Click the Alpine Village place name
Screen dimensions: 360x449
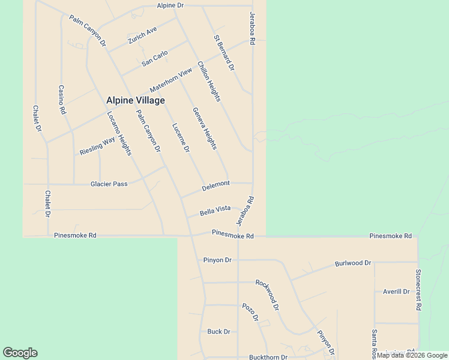[x=135, y=100]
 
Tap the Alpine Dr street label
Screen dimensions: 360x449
[x=170, y=5]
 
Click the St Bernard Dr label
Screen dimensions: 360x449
[x=224, y=53]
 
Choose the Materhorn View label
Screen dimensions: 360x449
[x=171, y=79]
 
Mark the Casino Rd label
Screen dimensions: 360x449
[x=61, y=100]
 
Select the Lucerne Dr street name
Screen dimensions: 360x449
[x=181, y=137]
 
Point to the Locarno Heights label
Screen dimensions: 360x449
[x=119, y=134]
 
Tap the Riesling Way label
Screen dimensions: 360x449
[x=97, y=146]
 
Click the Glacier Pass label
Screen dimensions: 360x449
[x=109, y=184]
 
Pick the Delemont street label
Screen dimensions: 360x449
[x=215, y=187]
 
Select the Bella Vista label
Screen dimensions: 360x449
[x=215, y=209]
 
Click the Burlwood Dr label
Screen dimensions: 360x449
[x=353, y=263]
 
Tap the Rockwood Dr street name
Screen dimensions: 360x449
[x=267, y=295]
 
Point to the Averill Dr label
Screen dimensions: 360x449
[x=396, y=292]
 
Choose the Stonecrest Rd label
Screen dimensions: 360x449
[x=418, y=289]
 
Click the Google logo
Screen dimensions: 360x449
[x=20, y=353]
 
